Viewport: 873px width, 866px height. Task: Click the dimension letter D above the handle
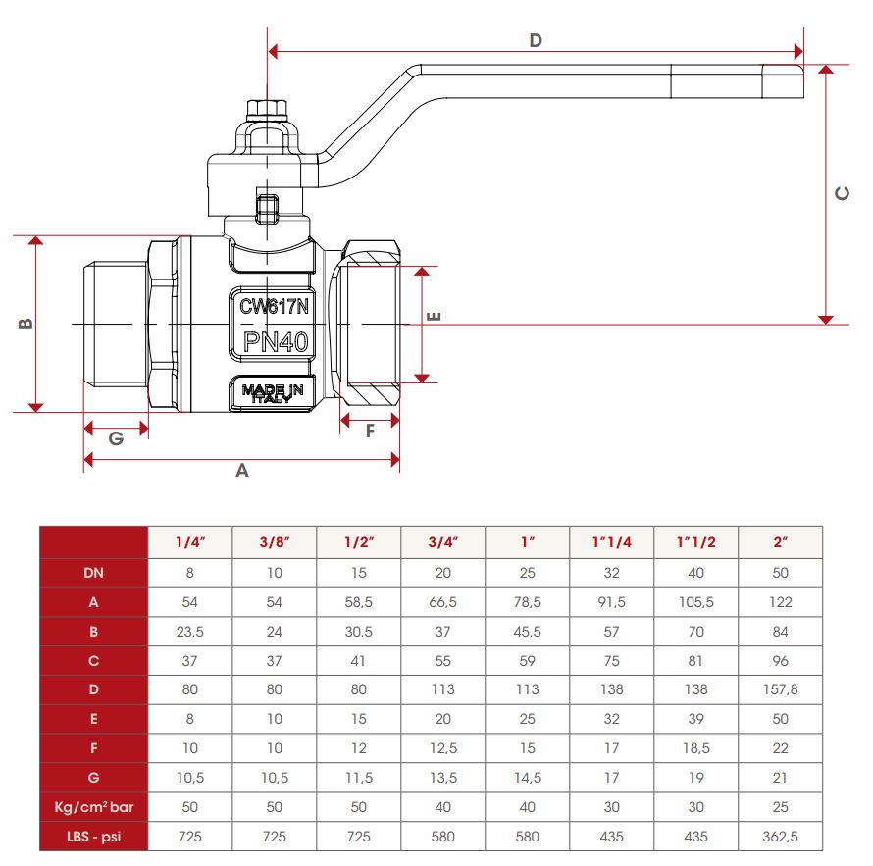535,40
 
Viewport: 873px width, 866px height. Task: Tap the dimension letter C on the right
842,193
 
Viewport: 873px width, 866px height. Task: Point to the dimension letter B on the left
26,324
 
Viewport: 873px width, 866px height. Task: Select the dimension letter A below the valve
241,471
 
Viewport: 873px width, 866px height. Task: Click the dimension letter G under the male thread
116,438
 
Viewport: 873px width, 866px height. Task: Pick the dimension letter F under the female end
370,431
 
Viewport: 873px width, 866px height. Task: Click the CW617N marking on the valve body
274,306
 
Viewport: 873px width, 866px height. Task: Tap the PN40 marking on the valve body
276,341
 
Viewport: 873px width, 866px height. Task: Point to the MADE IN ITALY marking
273,393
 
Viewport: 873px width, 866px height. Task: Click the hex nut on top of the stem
267,109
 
